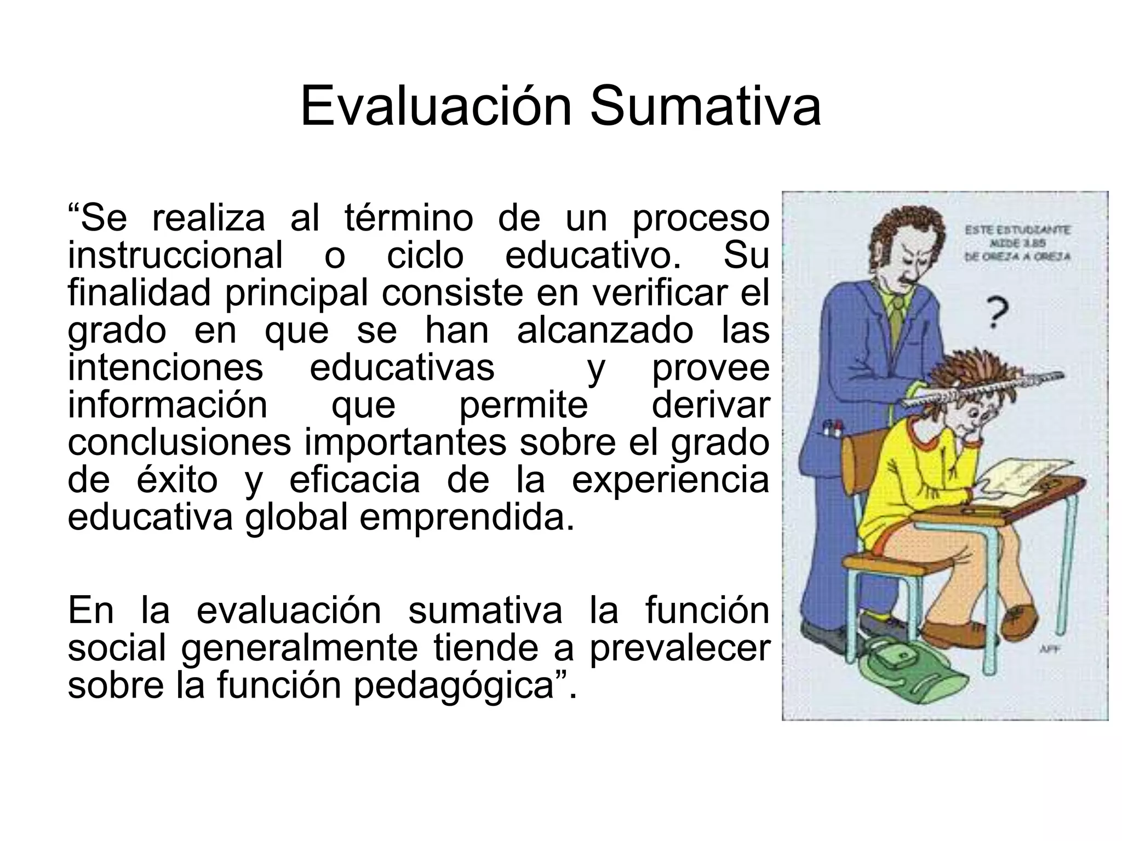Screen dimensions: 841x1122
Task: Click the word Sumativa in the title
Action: (x=705, y=107)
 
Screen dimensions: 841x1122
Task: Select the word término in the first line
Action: (x=409, y=218)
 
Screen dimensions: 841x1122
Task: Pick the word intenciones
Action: (x=165, y=367)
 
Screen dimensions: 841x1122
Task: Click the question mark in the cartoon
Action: (x=998, y=312)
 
